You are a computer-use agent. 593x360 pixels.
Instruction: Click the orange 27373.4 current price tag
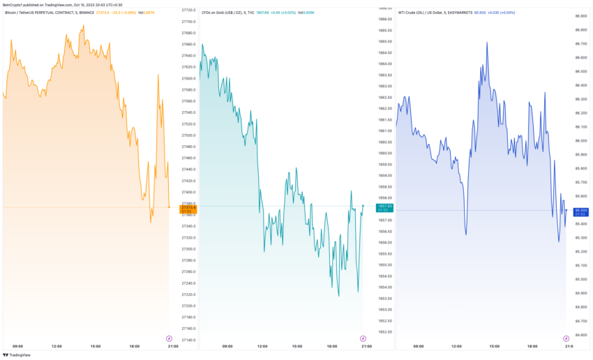(x=188, y=208)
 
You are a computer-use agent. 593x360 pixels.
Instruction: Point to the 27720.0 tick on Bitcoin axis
(x=188, y=10)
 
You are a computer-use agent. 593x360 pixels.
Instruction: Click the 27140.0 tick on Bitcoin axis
(x=188, y=340)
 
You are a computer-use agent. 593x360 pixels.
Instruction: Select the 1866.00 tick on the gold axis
(x=384, y=8)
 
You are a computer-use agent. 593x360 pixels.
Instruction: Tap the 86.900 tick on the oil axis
(x=580, y=16)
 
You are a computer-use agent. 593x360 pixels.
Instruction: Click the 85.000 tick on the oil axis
(x=580, y=279)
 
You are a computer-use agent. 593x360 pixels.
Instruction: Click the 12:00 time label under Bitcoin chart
(x=57, y=346)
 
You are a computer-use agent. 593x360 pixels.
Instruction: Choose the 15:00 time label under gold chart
(x=296, y=346)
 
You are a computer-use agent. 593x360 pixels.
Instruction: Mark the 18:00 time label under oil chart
(x=532, y=346)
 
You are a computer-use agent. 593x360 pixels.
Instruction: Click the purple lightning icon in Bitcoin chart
(x=169, y=338)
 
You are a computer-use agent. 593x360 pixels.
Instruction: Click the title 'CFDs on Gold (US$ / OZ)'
(x=227, y=12)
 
